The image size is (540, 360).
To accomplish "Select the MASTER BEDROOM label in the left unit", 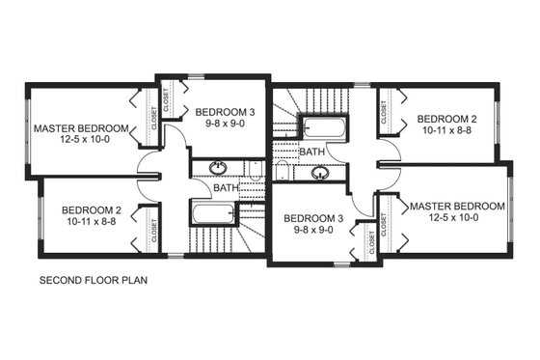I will [x=80, y=128].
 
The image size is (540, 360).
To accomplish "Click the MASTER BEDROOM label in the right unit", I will [x=457, y=207].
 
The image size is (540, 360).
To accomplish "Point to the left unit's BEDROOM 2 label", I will [x=91, y=208].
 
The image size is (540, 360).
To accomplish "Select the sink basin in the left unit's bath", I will [x=218, y=168].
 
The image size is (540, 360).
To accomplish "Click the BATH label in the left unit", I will [x=226, y=188].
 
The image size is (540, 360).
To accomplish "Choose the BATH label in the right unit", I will [x=311, y=152].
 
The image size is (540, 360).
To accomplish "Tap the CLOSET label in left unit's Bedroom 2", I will [x=154, y=228].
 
